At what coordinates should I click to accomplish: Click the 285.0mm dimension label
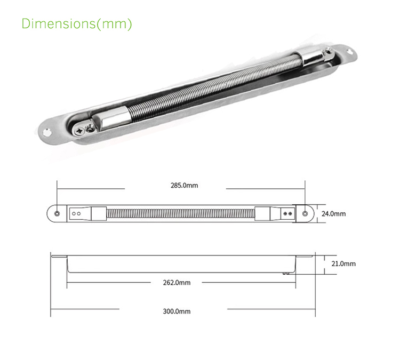click(x=184, y=186)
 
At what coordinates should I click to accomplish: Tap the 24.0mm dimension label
click(x=333, y=213)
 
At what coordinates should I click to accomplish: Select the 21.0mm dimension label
click(x=343, y=263)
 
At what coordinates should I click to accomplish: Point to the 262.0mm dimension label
click(x=176, y=282)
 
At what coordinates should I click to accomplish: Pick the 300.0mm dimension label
click(x=176, y=311)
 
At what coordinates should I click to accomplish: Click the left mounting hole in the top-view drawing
click(x=57, y=214)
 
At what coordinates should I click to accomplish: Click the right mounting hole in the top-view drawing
click(x=305, y=214)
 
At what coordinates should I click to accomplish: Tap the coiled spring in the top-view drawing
click(x=180, y=214)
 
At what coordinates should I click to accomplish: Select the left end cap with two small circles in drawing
click(x=80, y=214)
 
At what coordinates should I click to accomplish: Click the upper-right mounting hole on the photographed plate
click(x=350, y=52)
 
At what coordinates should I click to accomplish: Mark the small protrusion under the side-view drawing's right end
click(x=286, y=273)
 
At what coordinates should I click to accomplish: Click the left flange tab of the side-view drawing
click(x=60, y=258)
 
